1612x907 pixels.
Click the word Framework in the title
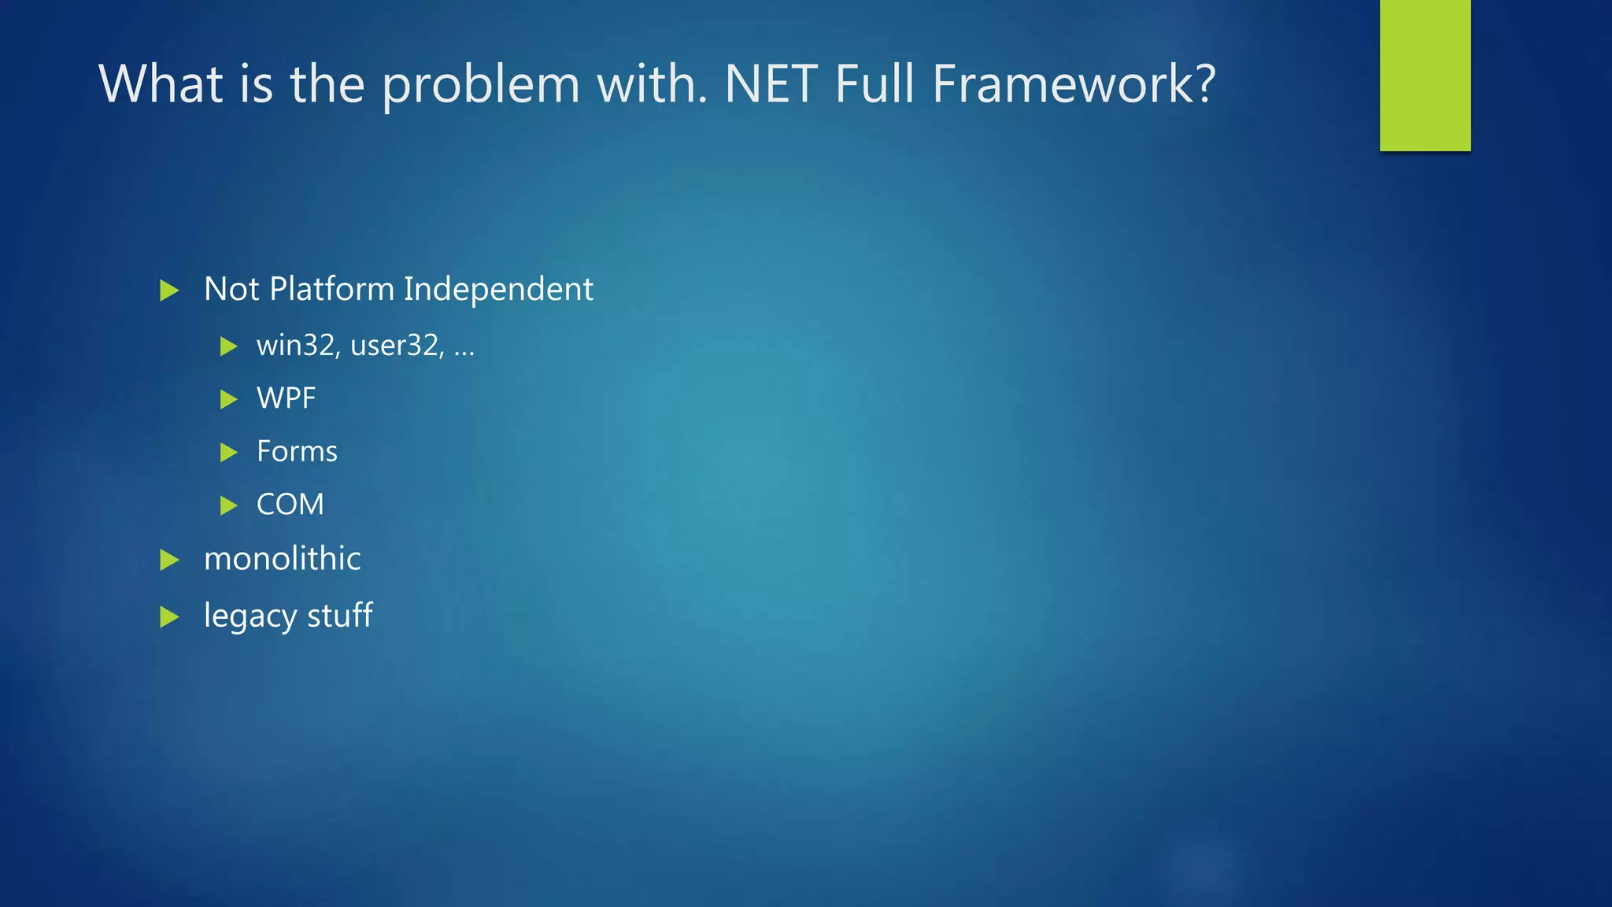1074,83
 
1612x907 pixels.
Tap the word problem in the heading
480,85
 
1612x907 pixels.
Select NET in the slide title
771,83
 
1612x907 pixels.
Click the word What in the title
161,83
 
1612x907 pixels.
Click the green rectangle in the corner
1425,75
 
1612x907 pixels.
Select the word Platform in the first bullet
331,289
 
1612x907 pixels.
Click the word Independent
498,289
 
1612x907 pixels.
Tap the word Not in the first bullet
231,289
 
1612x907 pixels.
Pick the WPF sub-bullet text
286,398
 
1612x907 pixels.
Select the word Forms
297,451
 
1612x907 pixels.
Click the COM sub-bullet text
290,504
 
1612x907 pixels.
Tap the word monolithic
282,559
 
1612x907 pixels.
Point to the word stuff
339,615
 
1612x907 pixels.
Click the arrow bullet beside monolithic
169,560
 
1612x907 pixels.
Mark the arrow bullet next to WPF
228,399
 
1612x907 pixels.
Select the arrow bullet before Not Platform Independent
169,291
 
